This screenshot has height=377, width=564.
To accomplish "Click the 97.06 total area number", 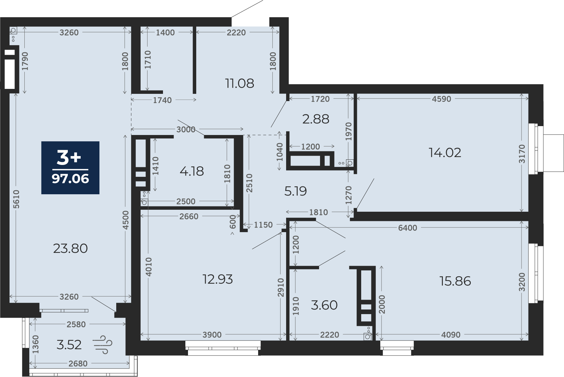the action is click(x=70, y=179).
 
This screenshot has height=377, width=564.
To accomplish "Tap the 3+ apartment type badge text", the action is click(x=69, y=158).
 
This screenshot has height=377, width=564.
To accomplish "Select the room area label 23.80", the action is click(x=70, y=249).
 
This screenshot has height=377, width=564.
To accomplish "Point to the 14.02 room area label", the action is click(x=445, y=153).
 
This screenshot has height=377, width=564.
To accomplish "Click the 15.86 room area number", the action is click(x=455, y=281).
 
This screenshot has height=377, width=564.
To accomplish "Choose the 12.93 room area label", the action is click(x=218, y=279).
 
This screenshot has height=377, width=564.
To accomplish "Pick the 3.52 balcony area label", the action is click(x=69, y=345).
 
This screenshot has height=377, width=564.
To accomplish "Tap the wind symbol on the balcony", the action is click(x=102, y=344).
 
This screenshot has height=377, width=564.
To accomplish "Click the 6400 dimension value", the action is click(x=408, y=228).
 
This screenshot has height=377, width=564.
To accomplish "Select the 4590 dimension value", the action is click(x=442, y=99).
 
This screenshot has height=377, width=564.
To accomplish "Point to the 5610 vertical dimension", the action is click(x=16, y=199).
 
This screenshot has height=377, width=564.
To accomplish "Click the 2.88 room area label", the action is click(x=316, y=120).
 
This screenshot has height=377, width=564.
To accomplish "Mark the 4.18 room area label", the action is click(x=192, y=172).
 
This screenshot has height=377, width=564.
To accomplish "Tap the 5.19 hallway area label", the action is click(x=296, y=191).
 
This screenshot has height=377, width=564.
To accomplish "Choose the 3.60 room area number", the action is click(x=324, y=305).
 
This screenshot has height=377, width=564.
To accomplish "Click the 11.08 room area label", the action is click(x=239, y=83).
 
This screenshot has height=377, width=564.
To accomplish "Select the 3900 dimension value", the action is click(x=212, y=335).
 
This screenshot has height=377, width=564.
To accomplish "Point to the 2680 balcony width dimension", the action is click(x=78, y=364).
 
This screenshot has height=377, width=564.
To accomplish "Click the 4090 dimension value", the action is click(x=451, y=335).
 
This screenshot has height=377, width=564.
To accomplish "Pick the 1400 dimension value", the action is click(x=165, y=33).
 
